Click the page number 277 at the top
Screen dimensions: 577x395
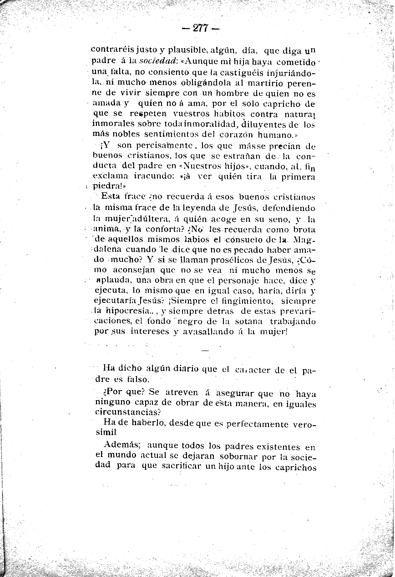(200, 28)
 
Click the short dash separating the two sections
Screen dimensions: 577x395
(204, 351)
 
